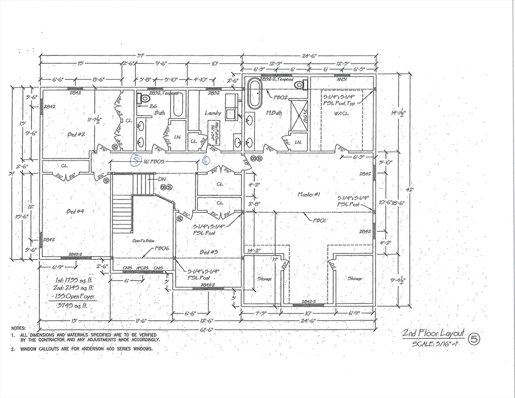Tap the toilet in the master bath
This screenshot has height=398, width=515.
click(299, 84)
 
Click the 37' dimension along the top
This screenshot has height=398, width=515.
click(141, 55)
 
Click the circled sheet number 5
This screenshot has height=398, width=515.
click(474, 339)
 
